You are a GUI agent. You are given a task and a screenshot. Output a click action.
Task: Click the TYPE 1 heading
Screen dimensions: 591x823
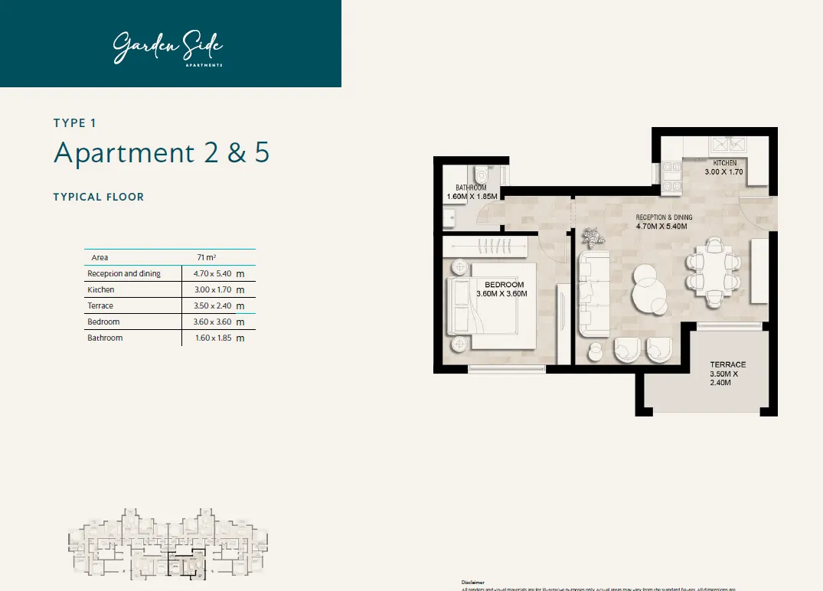[x=75, y=122]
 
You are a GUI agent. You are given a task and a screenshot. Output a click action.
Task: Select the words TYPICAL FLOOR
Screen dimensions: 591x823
[x=99, y=197]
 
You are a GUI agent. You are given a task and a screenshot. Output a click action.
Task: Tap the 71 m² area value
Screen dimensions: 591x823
[x=205, y=257]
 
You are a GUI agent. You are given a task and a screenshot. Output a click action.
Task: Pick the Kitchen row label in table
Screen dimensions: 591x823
[x=101, y=290]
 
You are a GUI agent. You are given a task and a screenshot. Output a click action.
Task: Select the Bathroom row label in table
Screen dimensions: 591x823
[x=105, y=338]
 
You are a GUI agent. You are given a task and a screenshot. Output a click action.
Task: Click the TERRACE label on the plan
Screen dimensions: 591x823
[x=727, y=364]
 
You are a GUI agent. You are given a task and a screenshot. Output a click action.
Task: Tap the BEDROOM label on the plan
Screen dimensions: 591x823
[x=504, y=285]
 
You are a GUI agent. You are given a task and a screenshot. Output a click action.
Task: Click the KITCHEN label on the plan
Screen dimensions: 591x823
[x=724, y=163]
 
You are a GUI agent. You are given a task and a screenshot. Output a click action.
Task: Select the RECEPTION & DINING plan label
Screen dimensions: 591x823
[x=664, y=217]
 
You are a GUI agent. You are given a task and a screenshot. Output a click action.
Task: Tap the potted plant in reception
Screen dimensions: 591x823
[x=592, y=237]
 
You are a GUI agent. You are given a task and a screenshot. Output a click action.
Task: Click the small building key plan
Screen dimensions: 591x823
[x=168, y=543]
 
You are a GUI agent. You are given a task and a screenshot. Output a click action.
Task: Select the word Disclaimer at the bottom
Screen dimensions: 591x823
[x=473, y=582]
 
